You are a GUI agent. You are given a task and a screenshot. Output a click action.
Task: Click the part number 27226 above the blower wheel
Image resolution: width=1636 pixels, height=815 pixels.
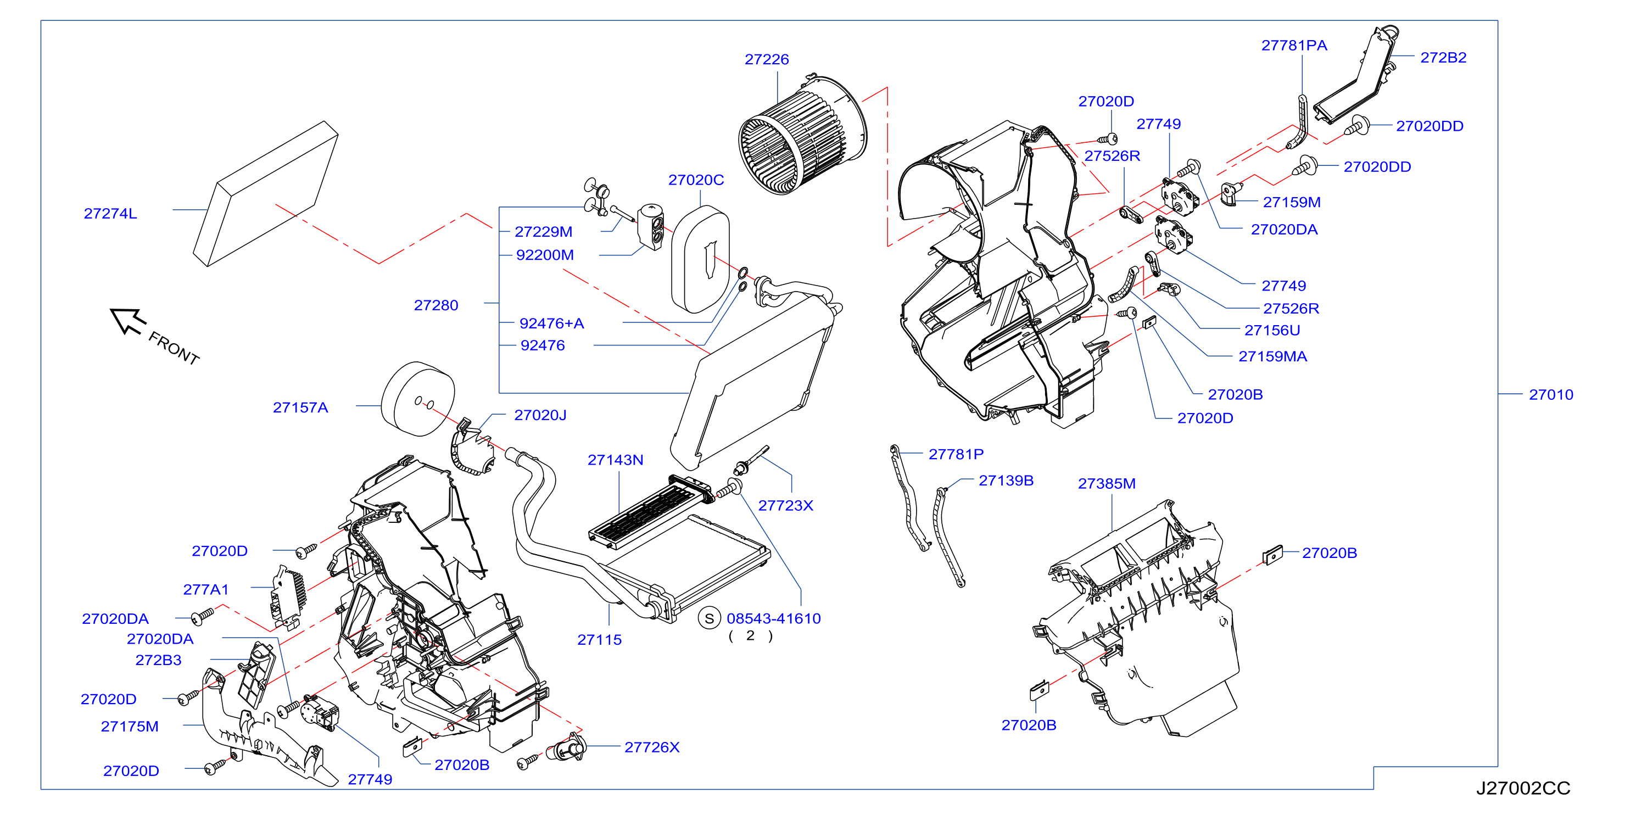767,59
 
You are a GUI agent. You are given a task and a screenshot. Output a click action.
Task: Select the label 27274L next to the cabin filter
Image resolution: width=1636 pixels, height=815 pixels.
110,214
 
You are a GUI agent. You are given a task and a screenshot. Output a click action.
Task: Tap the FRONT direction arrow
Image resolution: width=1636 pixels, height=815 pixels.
129,320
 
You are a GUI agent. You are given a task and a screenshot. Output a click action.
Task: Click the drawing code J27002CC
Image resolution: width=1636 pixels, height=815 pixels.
1522,788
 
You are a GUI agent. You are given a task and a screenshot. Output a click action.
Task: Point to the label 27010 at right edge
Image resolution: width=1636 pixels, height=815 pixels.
1551,394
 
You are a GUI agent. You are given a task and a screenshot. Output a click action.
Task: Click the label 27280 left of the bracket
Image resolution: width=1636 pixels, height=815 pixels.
435,305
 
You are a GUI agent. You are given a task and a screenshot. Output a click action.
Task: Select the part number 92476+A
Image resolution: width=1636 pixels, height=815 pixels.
551,323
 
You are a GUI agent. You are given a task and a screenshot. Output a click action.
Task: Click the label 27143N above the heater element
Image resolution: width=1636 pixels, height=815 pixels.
616,459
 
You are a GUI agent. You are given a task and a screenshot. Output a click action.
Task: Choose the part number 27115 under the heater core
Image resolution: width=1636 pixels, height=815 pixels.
600,640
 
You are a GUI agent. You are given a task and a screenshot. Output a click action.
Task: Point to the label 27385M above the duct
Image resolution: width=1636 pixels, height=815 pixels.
1107,483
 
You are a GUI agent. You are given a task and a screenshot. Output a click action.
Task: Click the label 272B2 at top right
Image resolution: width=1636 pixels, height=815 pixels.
1443,57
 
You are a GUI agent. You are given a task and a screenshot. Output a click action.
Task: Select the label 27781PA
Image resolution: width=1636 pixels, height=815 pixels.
1294,45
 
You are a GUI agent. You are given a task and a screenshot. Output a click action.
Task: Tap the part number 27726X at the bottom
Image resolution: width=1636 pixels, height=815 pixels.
652,747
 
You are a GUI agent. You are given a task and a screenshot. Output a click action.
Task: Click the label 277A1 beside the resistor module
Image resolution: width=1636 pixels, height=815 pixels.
206,589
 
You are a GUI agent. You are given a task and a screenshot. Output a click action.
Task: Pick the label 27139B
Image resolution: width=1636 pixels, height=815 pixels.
1006,480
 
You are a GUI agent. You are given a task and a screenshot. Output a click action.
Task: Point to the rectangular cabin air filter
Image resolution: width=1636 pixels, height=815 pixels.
265,193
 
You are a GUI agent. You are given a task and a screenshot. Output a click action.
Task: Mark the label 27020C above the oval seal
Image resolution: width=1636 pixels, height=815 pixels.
696,180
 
